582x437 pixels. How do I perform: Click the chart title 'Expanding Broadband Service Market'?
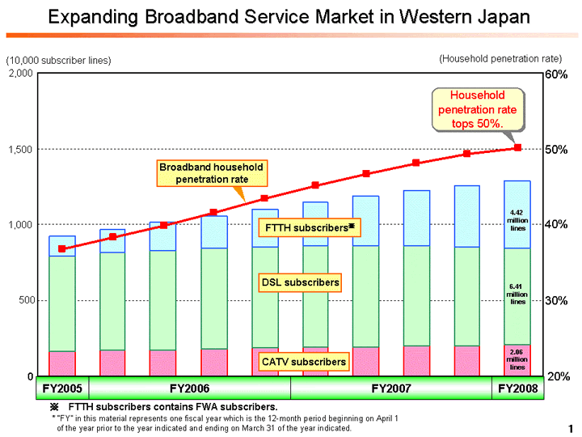point(289,18)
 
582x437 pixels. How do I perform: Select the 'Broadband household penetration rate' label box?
point(211,172)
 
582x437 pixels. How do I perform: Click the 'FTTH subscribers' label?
point(306,228)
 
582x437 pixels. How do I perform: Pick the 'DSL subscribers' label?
point(300,282)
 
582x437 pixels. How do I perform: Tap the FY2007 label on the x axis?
point(391,388)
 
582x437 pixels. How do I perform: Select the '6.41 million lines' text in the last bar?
point(517,295)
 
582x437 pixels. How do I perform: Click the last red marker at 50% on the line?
point(518,148)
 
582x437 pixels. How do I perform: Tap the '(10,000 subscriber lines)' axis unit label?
point(58,61)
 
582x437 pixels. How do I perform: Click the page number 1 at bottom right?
point(570,427)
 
